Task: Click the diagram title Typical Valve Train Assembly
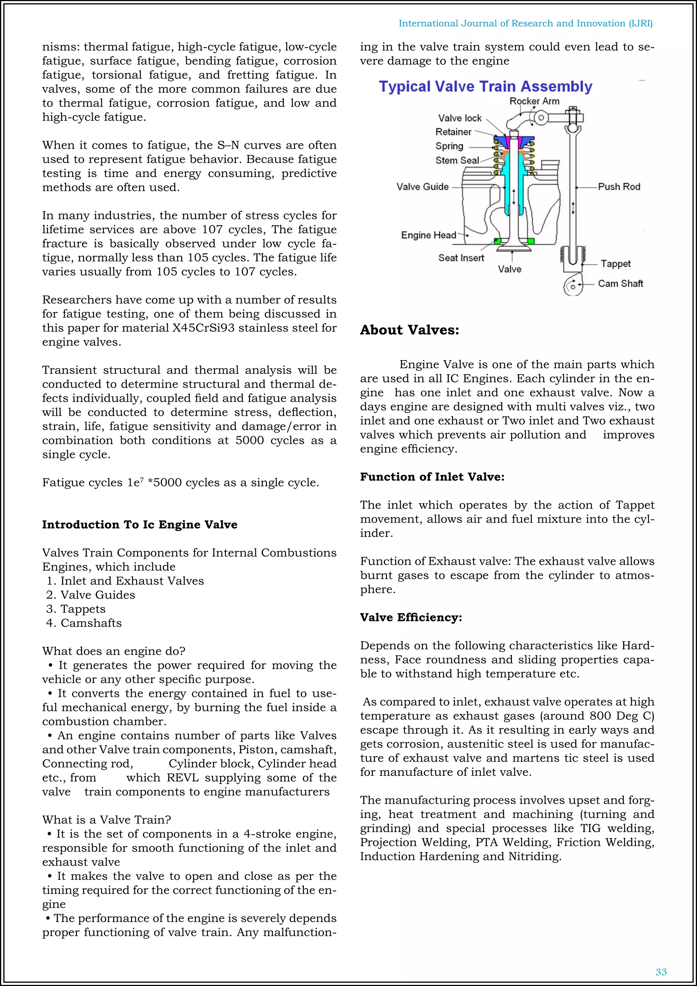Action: [x=485, y=87]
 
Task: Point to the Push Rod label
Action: [x=619, y=187]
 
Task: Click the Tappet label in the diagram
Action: [x=615, y=264]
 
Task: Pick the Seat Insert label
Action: [x=461, y=258]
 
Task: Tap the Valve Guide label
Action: [x=422, y=187]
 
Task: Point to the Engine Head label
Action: [x=428, y=235]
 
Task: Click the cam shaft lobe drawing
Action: [x=573, y=285]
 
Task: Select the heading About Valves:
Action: [x=409, y=330]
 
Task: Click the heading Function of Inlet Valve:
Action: [x=432, y=477]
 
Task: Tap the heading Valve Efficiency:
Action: [x=411, y=617]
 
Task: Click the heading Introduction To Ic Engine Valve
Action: [x=140, y=524]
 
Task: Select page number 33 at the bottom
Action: [x=661, y=972]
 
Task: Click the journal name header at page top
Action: [x=525, y=23]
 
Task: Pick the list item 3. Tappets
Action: [x=76, y=609]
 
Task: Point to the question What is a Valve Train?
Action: [x=107, y=820]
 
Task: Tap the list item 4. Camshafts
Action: [x=84, y=623]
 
